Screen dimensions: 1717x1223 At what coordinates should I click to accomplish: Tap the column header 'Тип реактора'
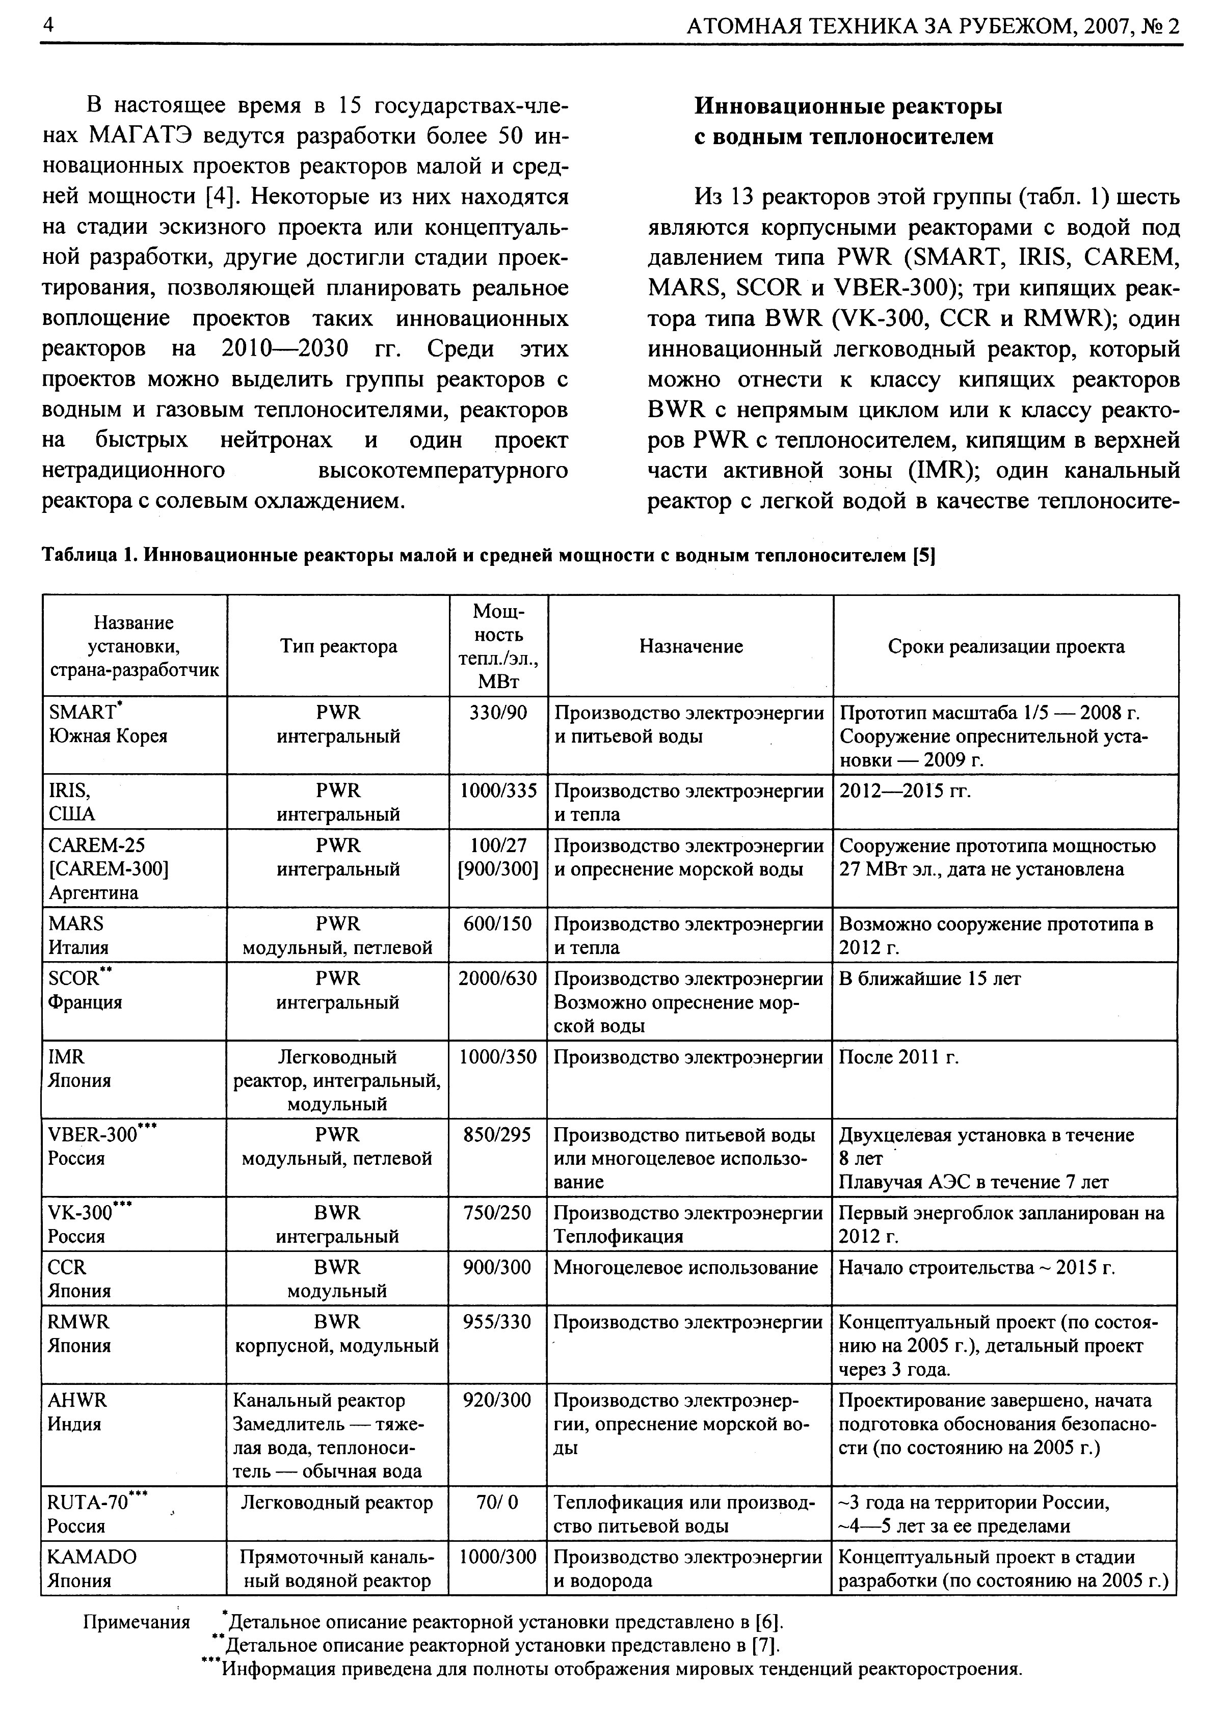point(338,646)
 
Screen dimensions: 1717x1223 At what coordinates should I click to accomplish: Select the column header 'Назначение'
point(690,646)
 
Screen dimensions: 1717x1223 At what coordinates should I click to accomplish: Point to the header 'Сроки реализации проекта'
point(1005,646)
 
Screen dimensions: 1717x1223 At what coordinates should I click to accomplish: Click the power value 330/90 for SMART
point(498,712)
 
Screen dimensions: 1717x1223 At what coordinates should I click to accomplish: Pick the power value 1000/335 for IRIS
point(498,791)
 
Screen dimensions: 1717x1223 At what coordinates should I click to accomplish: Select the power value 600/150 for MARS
point(498,923)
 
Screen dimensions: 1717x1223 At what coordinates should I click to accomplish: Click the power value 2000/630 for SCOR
point(498,978)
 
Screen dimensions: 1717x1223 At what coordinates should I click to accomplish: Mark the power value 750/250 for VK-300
point(498,1213)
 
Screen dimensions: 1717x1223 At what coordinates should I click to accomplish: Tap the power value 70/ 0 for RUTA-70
point(498,1503)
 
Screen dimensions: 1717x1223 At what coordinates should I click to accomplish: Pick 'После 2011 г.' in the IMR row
point(898,1057)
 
